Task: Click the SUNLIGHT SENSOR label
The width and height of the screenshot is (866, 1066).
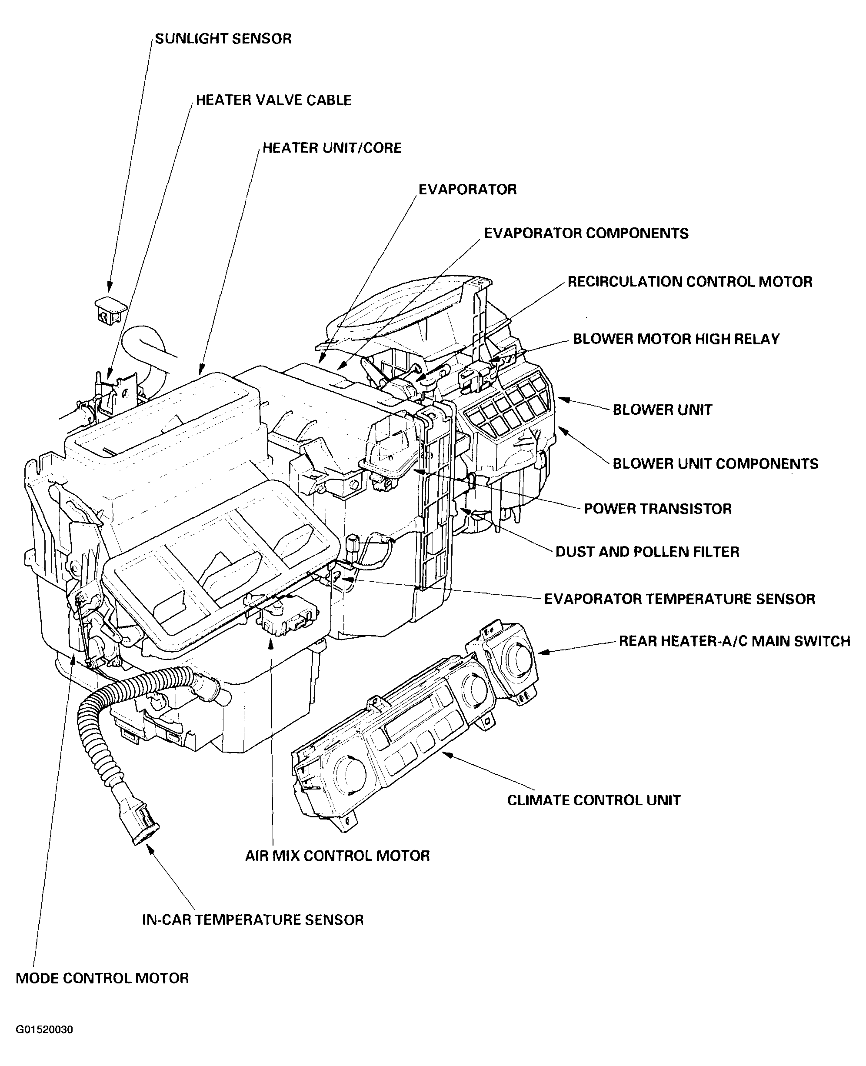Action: tap(223, 39)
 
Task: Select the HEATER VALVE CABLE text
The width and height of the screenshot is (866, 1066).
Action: tap(273, 100)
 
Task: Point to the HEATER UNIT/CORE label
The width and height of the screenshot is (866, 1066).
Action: tap(332, 148)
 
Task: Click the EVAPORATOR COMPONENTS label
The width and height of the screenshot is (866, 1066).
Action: tap(586, 233)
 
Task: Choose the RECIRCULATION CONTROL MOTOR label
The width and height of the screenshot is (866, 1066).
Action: tap(690, 282)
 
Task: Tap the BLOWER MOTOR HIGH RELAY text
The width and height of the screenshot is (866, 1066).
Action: tap(676, 339)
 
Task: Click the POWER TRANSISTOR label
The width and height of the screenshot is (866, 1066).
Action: tap(657, 509)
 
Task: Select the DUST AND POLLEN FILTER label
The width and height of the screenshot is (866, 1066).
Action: tap(647, 552)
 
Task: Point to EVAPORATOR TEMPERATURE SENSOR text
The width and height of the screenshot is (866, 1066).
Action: tap(679, 599)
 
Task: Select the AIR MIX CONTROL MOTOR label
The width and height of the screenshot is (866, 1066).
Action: tap(337, 856)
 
